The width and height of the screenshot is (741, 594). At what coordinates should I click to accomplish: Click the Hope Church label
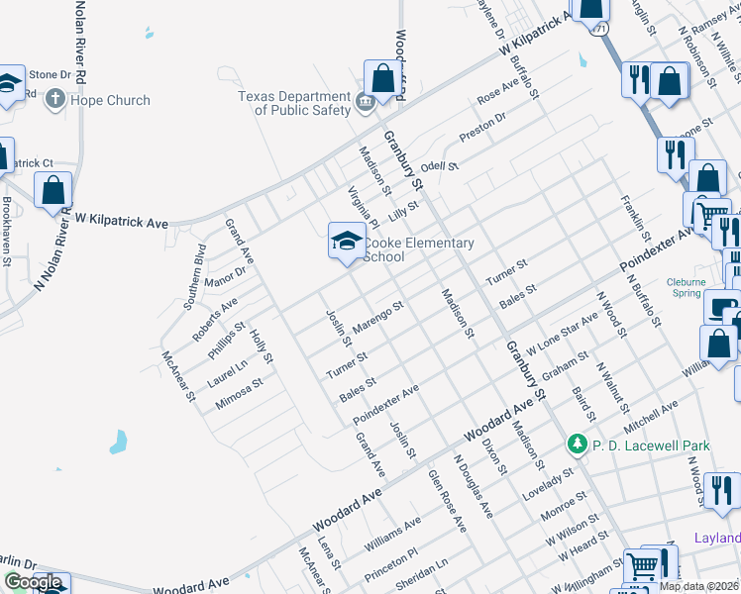[x=109, y=100]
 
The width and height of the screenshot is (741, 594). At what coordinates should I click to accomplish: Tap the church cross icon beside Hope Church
[x=55, y=99]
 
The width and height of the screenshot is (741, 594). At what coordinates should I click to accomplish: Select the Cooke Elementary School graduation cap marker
[x=346, y=241]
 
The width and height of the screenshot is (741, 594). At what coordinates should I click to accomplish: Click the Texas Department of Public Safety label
[x=295, y=103]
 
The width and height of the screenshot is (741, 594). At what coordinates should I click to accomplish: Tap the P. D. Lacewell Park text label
[x=651, y=446]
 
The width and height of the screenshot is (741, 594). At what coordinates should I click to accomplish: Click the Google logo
[x=33, y=582]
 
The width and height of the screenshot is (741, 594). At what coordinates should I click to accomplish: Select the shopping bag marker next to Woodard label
[x=382, y=78]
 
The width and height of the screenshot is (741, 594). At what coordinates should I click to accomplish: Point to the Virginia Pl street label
[x=363, y=205]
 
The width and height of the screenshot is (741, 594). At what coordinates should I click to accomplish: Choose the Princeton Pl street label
[x=393, y=565]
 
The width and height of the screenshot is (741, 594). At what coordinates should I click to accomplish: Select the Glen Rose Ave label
[x=447, y=501]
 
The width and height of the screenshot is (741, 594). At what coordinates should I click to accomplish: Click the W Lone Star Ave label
[x=562, y=336]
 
